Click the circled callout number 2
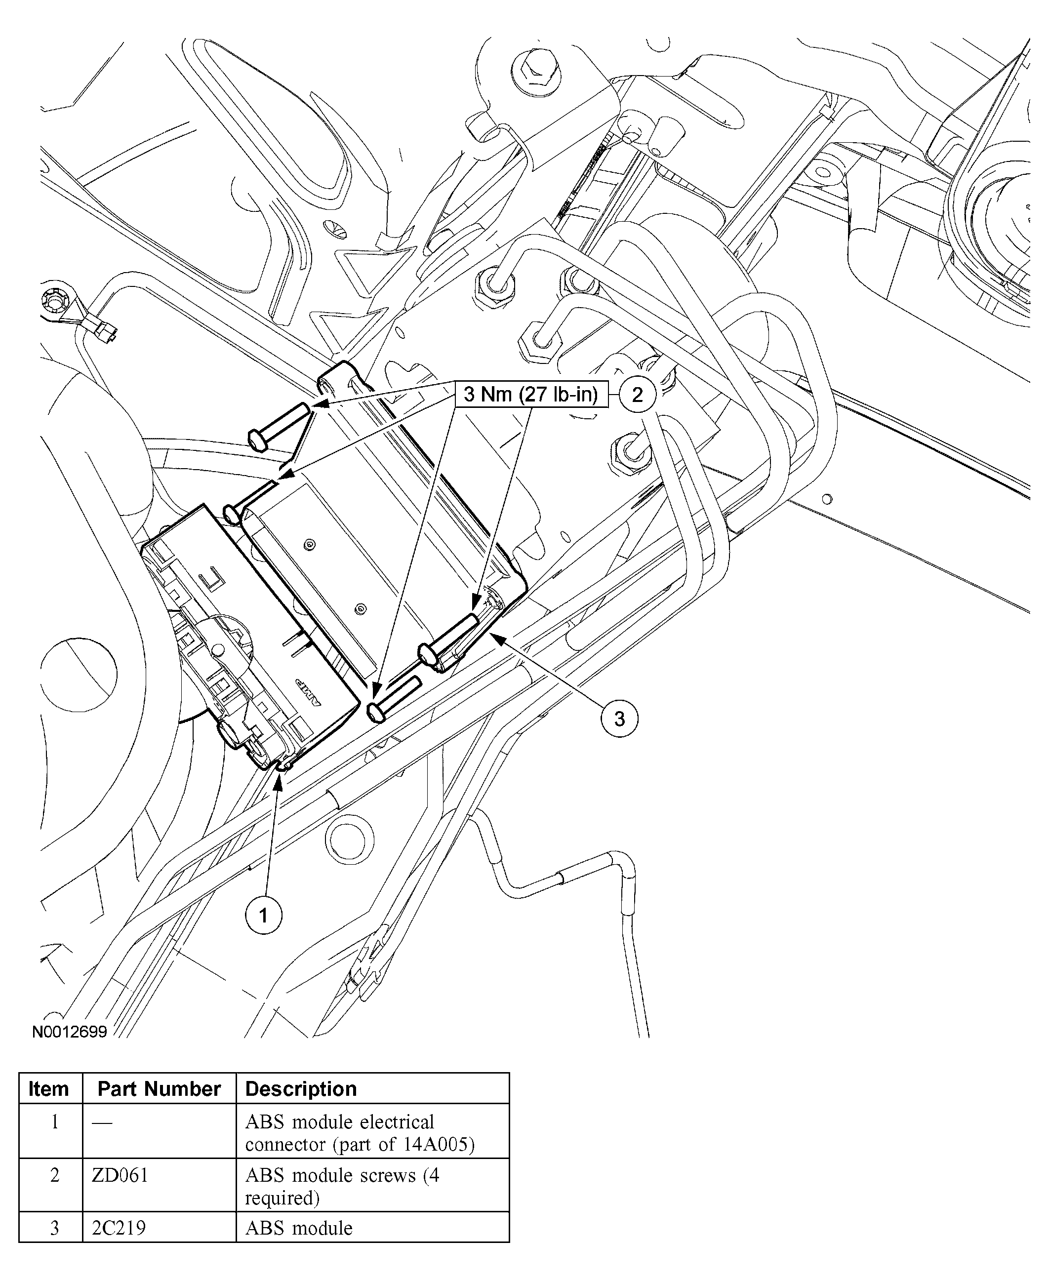[x=637, y=395]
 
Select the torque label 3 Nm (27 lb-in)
[x=530, y=395]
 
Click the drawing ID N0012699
[x=70, y=1031]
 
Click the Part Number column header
[x=159, y=1088]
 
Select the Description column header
[x=301, y=1088]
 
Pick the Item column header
[x=49, y=1088]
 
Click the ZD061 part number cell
[x=120, y=1175]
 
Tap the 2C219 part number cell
[x=119, y=1228]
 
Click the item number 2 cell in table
[x=54, y=1175]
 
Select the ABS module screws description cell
[x=342, y=1186]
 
